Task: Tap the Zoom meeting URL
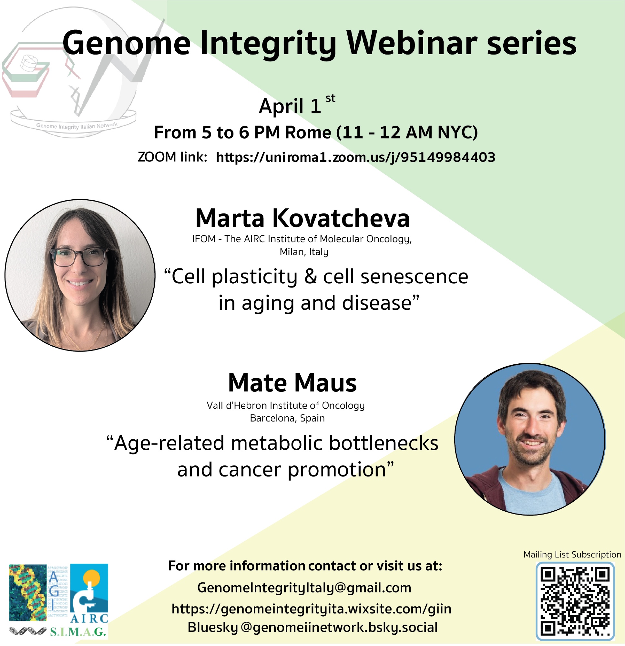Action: [355, 157]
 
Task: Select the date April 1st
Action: [297, 104]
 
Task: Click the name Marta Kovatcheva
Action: [302, 218]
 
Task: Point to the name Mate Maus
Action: [292, 383]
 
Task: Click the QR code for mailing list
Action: [575, 601]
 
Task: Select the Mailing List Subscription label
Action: [572, 555]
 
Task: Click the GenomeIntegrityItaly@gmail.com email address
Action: [304, 588]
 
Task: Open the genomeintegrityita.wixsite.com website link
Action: [311, 609]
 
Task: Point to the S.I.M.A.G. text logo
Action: [78, 631]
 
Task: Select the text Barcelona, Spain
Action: [287, 418]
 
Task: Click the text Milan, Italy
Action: [304, 252]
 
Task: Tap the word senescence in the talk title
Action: [414, 276]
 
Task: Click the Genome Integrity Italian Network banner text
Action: [77, 126]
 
